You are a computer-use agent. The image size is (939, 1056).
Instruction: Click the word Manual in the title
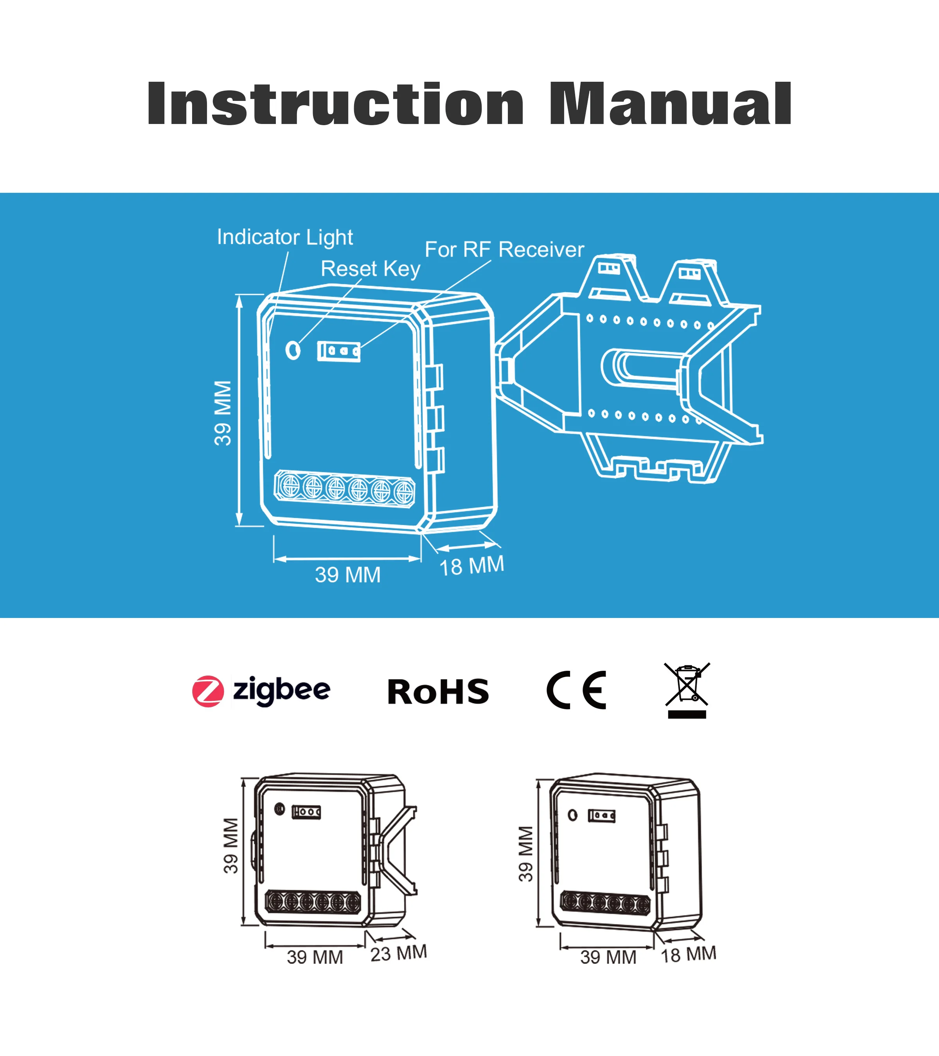point(670,104)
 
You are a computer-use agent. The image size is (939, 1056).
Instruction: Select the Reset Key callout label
point(371,269)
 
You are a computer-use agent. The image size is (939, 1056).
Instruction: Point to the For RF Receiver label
point(504,250)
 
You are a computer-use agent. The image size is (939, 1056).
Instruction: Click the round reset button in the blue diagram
point(293,350)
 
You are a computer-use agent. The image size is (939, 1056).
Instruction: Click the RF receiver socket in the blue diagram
point(338,351)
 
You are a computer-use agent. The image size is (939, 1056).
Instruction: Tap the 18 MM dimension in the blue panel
point(471,566)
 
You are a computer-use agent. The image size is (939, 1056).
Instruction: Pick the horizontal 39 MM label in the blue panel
point(348,575)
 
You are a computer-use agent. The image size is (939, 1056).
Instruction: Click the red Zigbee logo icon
point(208,691)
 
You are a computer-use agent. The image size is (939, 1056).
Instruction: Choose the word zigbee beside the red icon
point(282,691)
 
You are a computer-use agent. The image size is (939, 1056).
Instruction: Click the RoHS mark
point(438,692)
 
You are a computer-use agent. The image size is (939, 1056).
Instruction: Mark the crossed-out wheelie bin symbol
point(687,690)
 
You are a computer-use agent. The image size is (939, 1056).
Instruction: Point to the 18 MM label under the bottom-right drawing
point(688,954)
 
